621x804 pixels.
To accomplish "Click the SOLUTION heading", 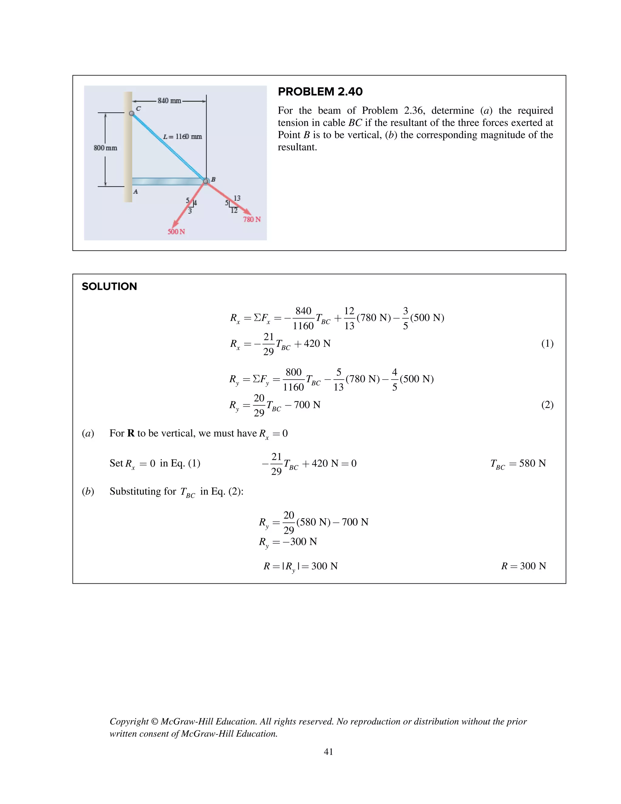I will click(x=109, y=286).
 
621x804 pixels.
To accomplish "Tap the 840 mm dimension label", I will click(x=169, y=100).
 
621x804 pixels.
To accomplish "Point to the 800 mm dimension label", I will click(x=105, y=148).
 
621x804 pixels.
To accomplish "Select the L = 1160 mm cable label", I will click(x=183, y=137).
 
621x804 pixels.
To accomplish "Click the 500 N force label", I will click(x=176, y=231).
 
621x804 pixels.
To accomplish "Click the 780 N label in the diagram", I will click(x=252, y=219).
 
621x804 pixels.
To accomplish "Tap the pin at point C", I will click(x=132, y=113).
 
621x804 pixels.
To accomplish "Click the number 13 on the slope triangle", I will click(x=237, y=198).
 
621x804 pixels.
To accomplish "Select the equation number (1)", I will click(x=547, y=343).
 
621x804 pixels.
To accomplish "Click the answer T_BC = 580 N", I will click(x=518, y=464).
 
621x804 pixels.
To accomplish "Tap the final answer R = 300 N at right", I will click(x=523, y=566).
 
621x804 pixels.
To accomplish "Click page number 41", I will click(x=328, y=752).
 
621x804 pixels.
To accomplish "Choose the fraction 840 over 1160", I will click(x=303, y=318).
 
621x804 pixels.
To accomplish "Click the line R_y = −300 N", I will click(x=288, y=542).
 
